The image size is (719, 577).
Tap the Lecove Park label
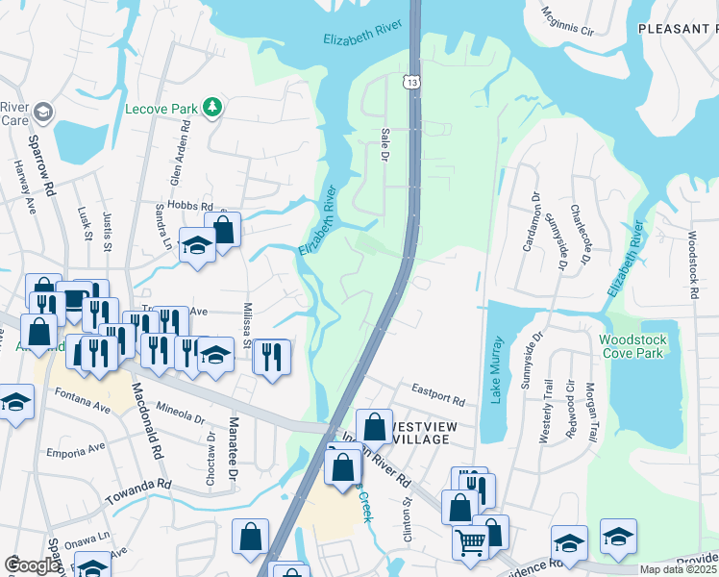click(161, 109)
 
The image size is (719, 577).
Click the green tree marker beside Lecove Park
click(211, 108)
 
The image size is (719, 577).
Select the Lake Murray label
click(496, 369)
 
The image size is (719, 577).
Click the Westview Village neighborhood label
click(433, 432)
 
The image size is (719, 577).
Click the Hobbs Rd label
click(188, 206)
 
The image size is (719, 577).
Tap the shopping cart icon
click(470, 542)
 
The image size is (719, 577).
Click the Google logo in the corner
click(31, 565)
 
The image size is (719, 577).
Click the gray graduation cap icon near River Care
click(42, 114)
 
